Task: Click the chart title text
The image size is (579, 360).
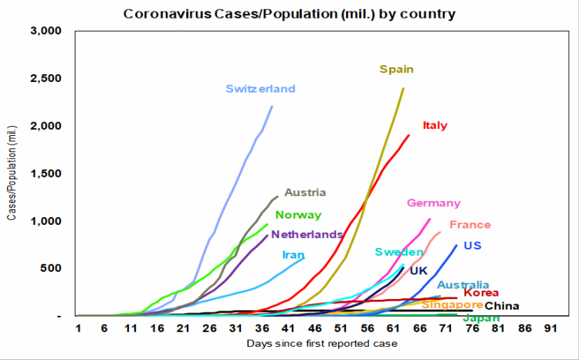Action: [x=289, y=13]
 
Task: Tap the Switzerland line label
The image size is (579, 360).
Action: [x=260, y=89]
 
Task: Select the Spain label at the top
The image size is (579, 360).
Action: [x=396, y=70]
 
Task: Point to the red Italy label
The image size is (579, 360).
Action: [x=435, y=125]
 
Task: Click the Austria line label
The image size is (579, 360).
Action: [x=305, y=192]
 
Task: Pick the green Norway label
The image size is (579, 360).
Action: [x=298, y=216]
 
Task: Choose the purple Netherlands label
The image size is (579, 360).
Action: [x=306, y=234]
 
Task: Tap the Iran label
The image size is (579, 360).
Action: [x=293, y=254]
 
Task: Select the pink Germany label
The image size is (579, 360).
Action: [x=433, y=203]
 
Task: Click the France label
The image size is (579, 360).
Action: [x=469, y=225]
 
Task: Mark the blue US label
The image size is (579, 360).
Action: [x=472, y=246]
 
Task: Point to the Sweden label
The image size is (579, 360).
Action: [x=398, y=252]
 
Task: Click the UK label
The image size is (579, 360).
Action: [x=418, y=270]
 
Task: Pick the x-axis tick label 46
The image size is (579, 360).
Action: [x=313, y=328]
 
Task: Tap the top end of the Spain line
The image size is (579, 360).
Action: [x=403, y=88]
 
